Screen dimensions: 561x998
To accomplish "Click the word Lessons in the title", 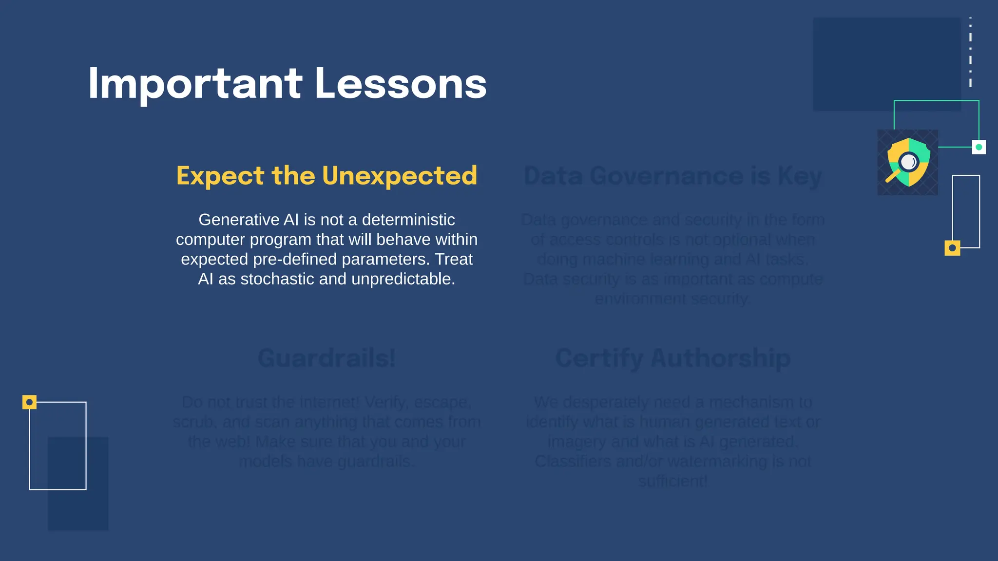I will [401, 84].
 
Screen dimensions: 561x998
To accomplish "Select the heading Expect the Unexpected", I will [326, 175].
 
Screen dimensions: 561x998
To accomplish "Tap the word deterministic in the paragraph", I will [408, 220].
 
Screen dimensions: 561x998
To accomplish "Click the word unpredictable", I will [403, 279].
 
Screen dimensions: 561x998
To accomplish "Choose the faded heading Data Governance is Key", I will [672, 176].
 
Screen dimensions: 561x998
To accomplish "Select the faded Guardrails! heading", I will [326, 358].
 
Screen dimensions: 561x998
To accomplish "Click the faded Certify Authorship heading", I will [673, 358].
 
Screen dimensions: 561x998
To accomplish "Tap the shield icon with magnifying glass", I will [908, 162].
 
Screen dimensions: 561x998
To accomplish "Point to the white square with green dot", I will [979, 147].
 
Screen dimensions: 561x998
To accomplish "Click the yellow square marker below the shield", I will [952, 248].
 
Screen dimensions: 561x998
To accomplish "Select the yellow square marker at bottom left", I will [29, 402].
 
